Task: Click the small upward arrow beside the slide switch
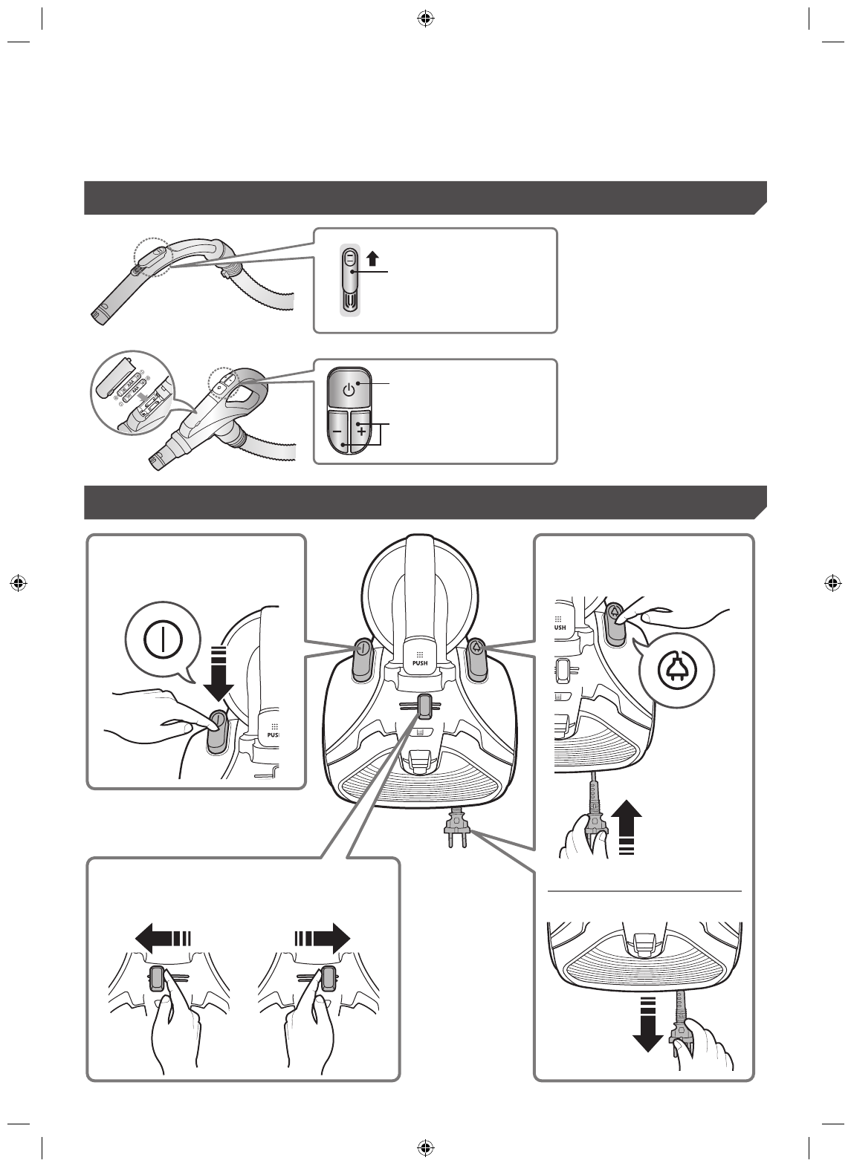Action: (x=373, y=258)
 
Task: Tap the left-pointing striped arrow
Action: (x=164, y=937)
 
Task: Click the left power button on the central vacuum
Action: (x=362, y=657)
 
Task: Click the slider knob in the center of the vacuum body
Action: (x=424, y=706)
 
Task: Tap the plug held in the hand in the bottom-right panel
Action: (x=678, y=1040)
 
